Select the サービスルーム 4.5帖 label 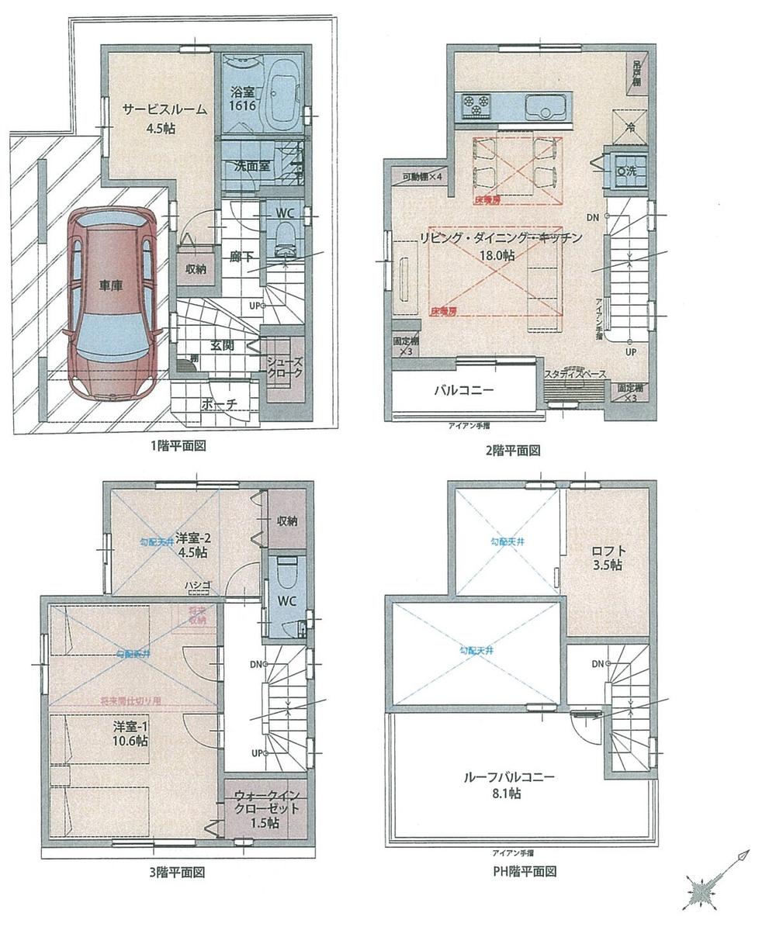tap(164, 118)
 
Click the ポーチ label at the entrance tap(218, 403)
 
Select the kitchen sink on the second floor tap(548, 105)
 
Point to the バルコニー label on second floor tap(463, 390)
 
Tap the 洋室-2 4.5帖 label tap(189, 545)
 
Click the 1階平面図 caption tap(178, 447)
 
